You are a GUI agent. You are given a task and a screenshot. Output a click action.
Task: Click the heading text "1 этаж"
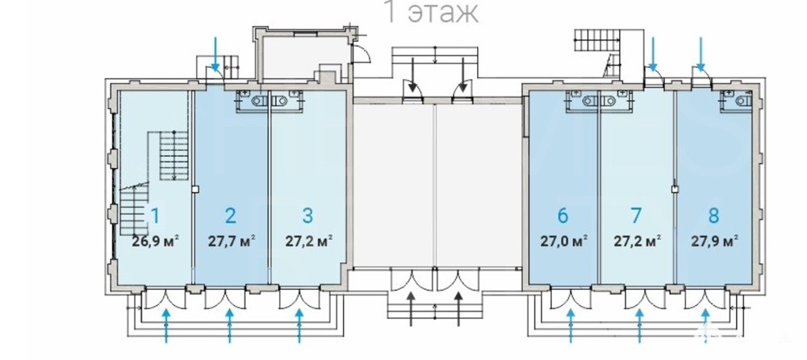[431, 12]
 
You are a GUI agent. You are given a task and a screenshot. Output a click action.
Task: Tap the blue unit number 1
[155, 216]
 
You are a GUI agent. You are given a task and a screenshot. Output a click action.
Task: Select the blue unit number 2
[231, 216]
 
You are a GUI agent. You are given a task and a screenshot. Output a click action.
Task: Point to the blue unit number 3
[307, 216]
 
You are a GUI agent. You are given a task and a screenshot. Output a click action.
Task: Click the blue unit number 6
[562, 216]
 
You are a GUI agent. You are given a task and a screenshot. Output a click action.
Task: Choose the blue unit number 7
[637, 216]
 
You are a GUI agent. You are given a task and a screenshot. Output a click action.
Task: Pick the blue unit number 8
[713, 216]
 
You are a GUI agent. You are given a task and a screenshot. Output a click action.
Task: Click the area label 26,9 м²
[155, 241]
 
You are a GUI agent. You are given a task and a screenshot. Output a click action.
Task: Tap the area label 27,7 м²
[231, 241]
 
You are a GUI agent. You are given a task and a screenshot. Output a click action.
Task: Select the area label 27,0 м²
[563, 241]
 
